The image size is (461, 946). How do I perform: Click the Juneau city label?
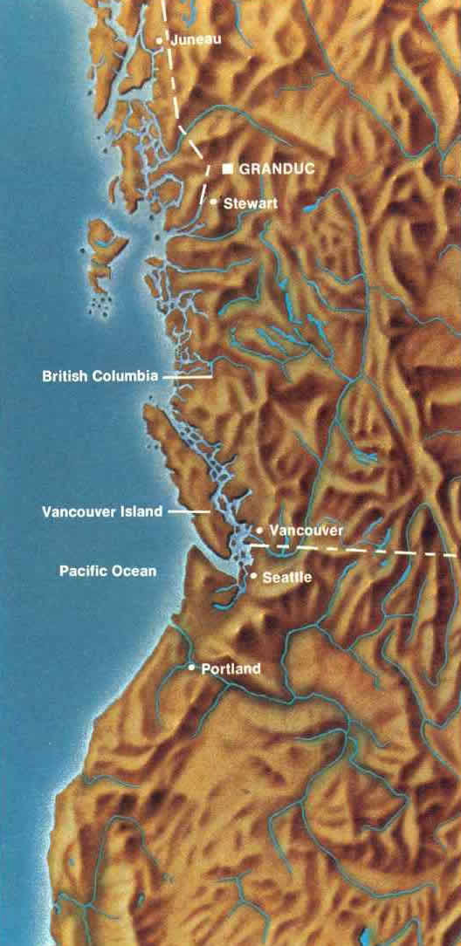[197, 40]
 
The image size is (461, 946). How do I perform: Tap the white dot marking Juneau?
[159, 40]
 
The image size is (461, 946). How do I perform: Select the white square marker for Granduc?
[227, 168]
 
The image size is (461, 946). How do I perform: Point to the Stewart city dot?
[214, 202]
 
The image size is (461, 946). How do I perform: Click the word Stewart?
[247, 202]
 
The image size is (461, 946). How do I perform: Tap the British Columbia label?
[100, 377]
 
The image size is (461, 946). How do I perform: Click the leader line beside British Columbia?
[187, 377]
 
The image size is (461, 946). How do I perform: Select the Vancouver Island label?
[102, 511]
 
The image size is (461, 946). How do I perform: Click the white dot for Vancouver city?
[259, 530]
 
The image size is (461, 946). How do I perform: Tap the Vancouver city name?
[306, 530]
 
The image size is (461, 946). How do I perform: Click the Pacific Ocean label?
[108, 571]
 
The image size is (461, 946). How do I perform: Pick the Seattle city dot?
[253, 577]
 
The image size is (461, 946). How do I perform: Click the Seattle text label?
[287, 578]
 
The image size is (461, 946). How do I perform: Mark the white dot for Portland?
[192, 668]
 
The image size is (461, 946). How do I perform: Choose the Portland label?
[230, 669]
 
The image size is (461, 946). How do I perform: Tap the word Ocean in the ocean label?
[137, 571]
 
